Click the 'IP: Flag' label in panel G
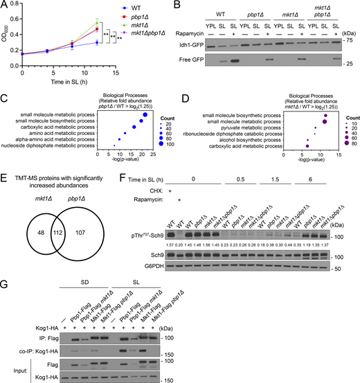pyautogui.click(x=38, y=322)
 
